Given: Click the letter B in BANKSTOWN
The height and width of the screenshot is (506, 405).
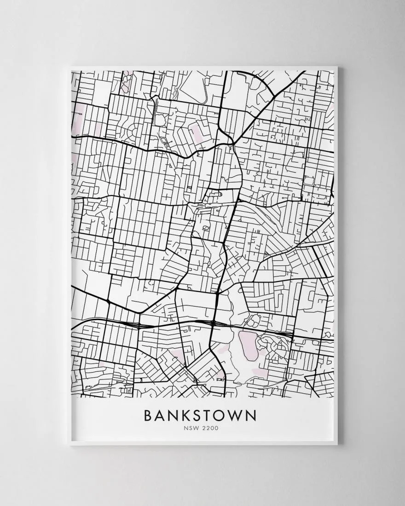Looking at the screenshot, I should [148, 415].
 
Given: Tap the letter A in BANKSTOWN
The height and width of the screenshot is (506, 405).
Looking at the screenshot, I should [162, 415].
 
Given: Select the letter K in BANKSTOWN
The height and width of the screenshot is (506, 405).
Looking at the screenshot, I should [190, 415].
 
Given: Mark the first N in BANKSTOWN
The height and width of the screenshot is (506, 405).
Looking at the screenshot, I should [176, 415].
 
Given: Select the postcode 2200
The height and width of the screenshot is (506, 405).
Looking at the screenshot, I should [210, 428].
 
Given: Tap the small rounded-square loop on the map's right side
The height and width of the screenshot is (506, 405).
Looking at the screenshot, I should [307, 183].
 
